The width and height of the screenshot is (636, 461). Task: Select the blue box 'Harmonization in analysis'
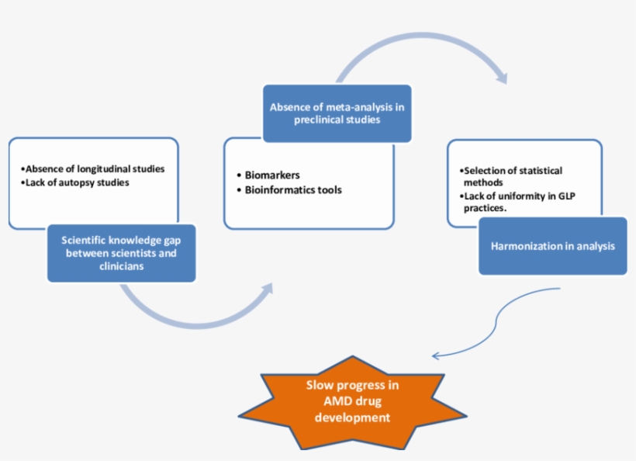point(552,247)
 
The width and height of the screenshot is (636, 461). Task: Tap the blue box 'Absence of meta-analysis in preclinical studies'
point(337,113)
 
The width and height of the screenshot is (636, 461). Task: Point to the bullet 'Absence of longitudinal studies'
point(94,168)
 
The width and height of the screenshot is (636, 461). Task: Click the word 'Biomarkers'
point(272,175)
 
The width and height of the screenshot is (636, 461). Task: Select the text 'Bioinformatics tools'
point(293,189)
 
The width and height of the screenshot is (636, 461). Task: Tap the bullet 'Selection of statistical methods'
point(510,176)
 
